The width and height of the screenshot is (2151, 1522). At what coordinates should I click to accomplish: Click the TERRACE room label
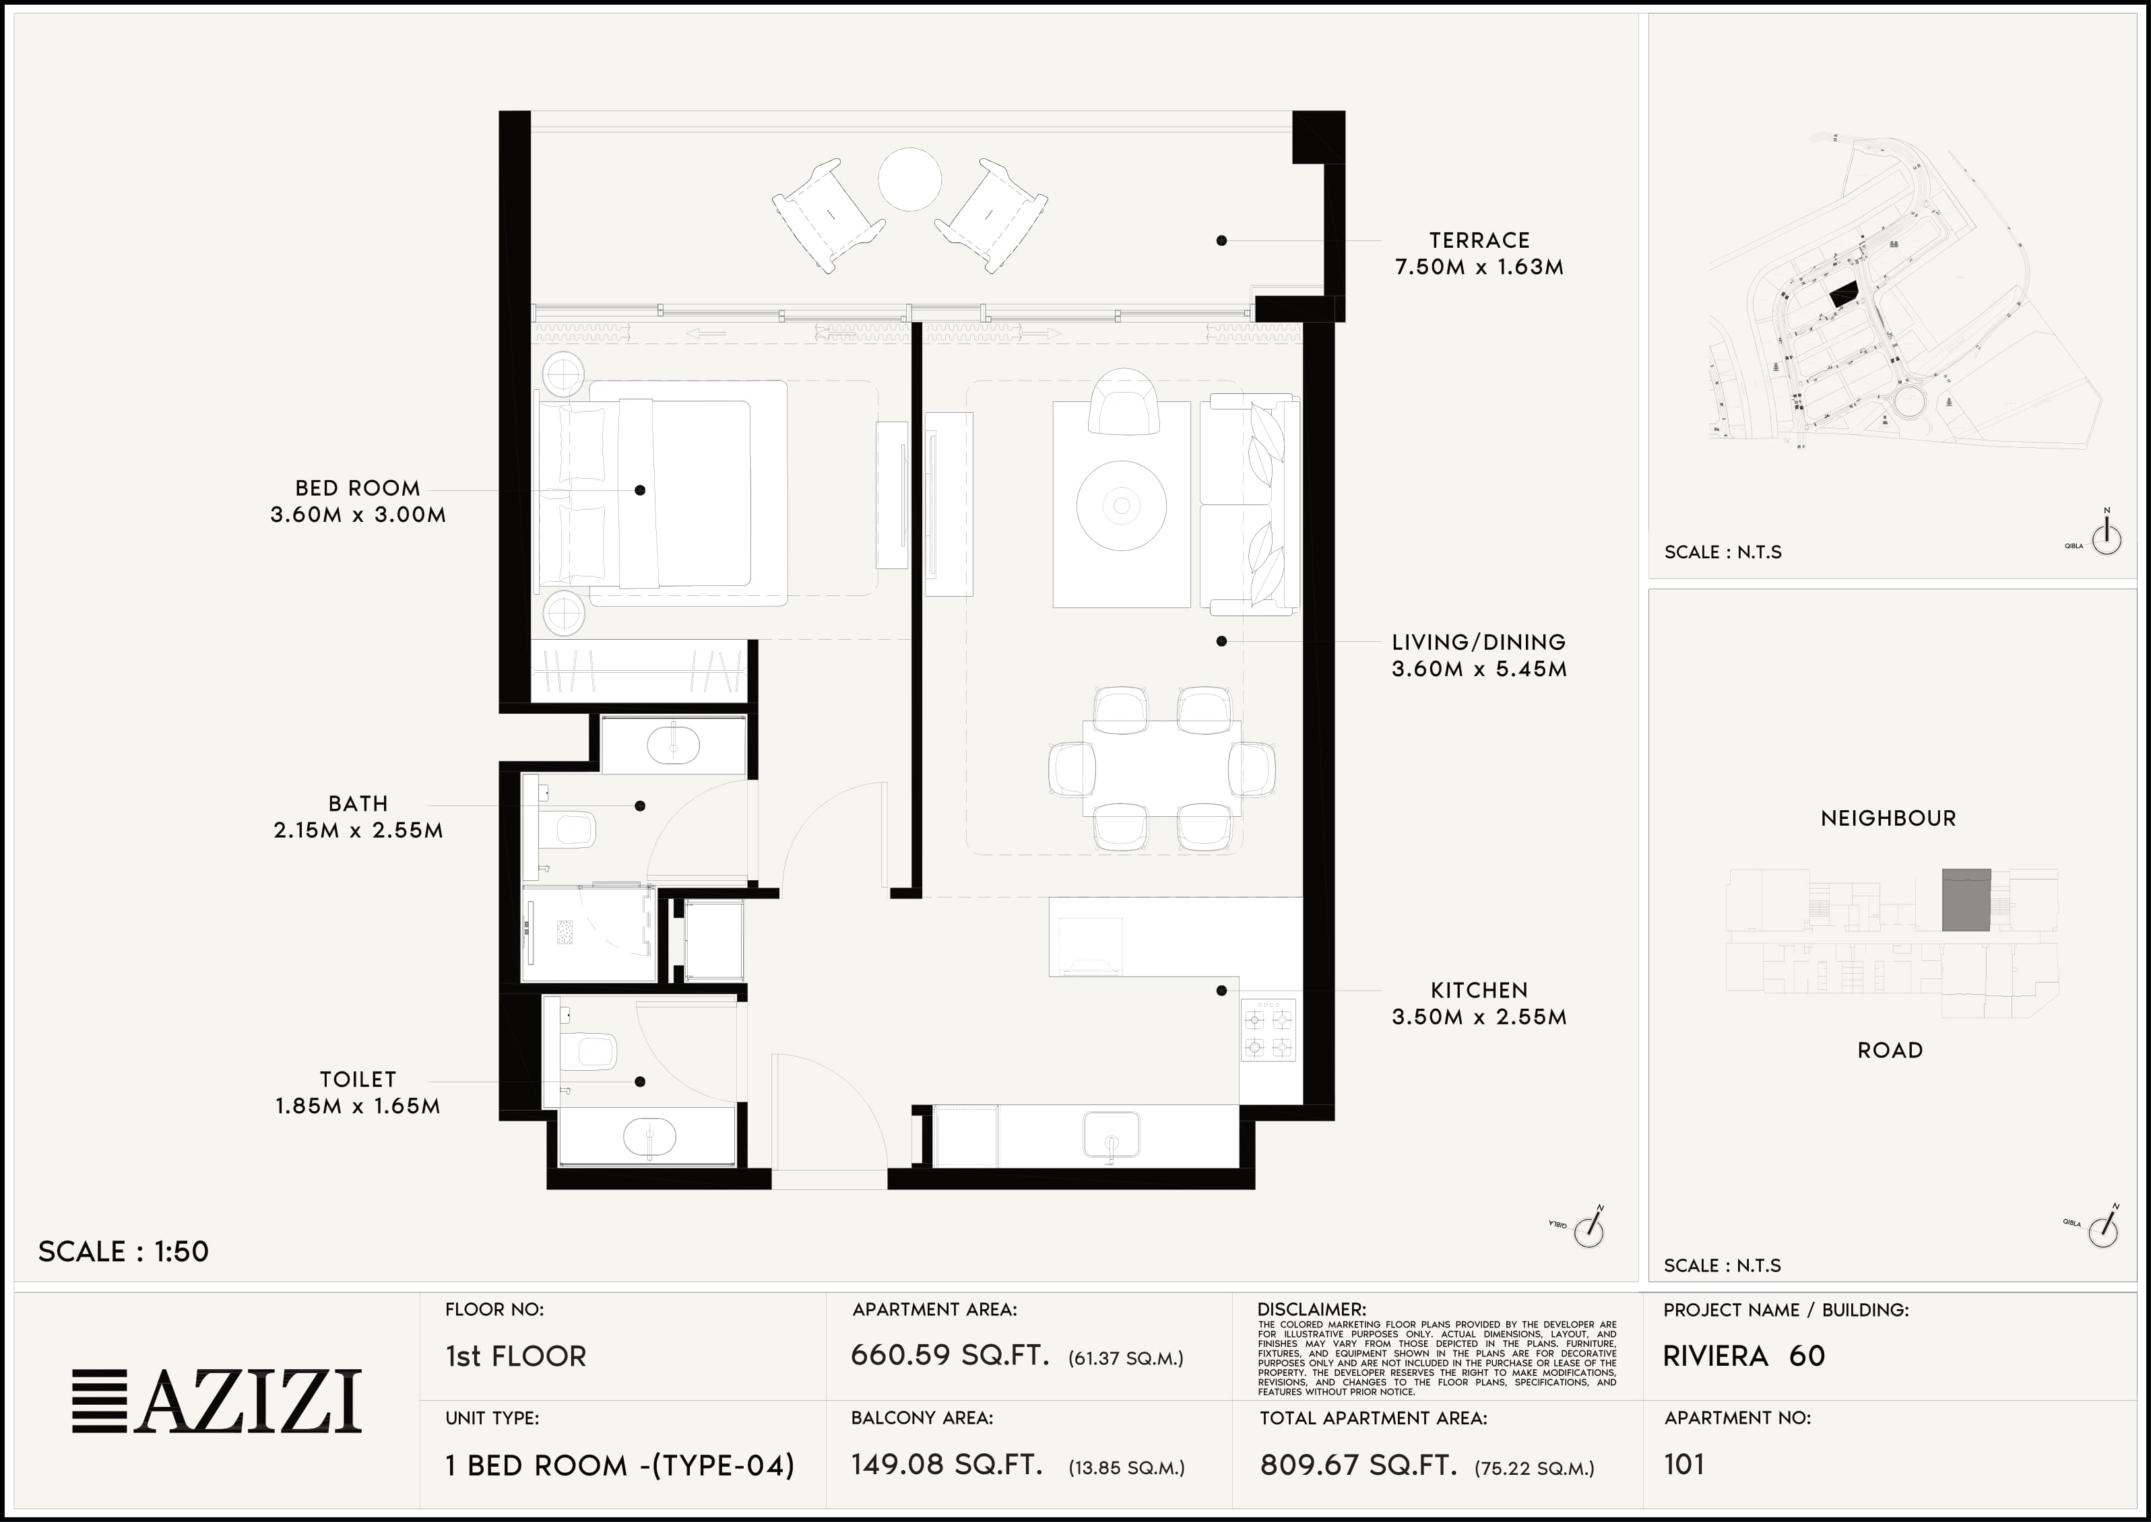point(1479,241)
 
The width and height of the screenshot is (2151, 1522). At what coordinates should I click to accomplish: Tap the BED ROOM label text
point(357,488)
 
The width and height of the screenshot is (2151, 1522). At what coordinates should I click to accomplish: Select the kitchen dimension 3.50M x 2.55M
point(1479,1017)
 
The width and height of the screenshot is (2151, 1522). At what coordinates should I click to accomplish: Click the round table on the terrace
point(909,179)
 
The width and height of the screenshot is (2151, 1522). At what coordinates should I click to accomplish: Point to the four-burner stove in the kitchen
point(1268,1030)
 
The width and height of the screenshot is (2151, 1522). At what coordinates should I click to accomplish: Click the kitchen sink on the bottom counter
point(1111,1135)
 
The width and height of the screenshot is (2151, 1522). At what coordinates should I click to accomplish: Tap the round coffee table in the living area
point(1121,506)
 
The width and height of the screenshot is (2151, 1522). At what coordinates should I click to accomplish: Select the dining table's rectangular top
point(1161,768)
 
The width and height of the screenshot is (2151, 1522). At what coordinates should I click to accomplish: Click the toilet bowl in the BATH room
point(571,830)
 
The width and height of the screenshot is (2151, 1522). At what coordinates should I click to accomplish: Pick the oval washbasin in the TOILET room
point(649,1137)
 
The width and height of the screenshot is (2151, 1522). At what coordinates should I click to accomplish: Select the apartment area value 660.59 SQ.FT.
point(949,1355)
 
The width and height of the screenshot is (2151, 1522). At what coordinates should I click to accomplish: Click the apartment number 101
point(1683,1464)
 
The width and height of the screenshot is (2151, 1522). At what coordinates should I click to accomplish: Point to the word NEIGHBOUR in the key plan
point(1888,818)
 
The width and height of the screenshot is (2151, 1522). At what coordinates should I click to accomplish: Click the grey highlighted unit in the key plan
point(1966,900)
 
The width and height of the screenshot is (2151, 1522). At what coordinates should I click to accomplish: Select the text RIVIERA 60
point(1744,1355)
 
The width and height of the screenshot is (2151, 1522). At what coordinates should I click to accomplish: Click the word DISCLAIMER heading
point(1311,1309)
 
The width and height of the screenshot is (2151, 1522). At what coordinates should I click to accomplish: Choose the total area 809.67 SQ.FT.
point(1358,1464)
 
